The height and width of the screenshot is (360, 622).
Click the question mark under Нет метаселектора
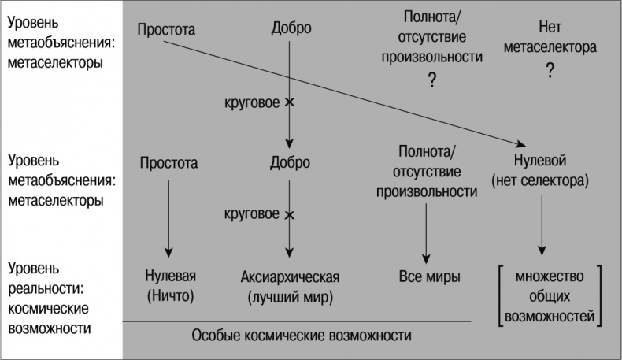click(x=550, y=70)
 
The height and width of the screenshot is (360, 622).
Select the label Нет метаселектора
click(x=550, y=39)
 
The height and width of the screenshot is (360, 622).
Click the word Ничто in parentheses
click(x=169, y=298)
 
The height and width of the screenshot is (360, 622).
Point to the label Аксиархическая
click(x=290, y=277)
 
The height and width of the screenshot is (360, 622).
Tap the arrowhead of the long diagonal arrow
click(x=521, y=144)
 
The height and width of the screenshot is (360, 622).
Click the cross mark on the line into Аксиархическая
click(x=290, y=214)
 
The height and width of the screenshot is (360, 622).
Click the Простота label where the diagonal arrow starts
click(x=165, y=31)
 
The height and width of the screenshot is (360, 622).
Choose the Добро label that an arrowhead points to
click(x=290, y=163)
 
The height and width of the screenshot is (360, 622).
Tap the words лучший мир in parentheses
click(x=290, y=298)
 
